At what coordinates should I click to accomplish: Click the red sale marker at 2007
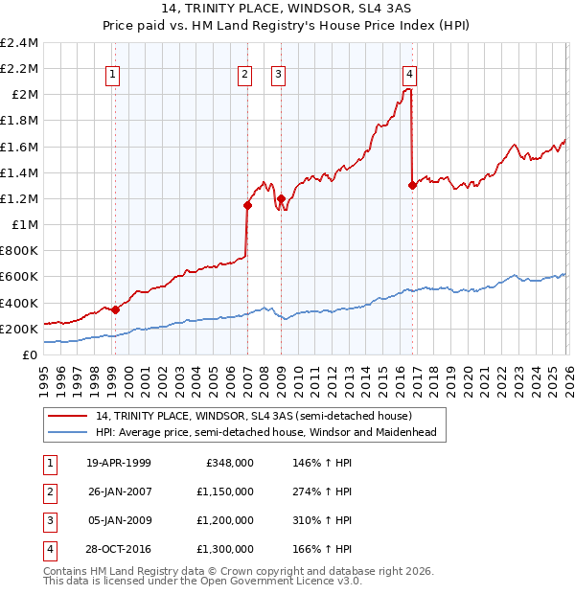click(247, 205)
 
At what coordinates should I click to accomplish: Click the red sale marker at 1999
click(115, 309)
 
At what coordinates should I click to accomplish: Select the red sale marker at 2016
click(412, 185)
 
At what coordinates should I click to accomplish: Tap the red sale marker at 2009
click(281, 198)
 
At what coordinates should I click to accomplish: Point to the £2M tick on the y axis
click(23, 94)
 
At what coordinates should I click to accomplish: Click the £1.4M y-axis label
click(19, 172)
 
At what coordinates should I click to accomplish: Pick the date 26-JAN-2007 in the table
click(118, 491)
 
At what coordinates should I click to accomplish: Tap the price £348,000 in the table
click(229, 462)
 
